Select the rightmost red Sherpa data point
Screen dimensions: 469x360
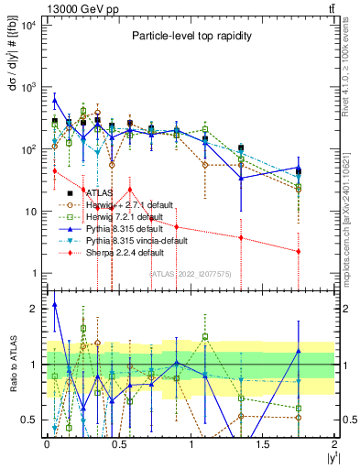pyautogui.click(x=299, y=251)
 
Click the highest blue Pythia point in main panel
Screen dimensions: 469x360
pyautogui.click(x=54, y=100)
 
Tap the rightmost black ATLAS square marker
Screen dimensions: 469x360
pyautogui.click(x=299, y=170)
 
